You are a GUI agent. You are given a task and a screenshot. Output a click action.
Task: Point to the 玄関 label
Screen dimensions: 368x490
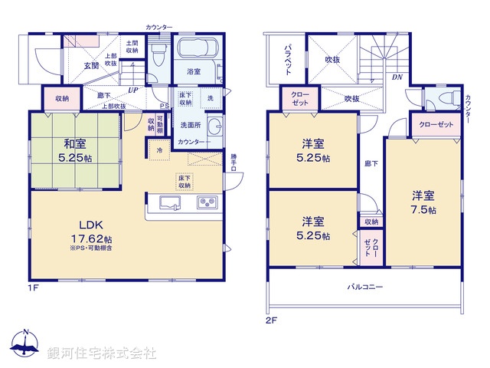(x=91, y=66)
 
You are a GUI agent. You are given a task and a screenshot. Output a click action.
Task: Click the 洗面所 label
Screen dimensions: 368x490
(x=191, y=125)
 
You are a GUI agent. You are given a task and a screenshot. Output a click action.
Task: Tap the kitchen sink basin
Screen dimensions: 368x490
(x=169, y=203)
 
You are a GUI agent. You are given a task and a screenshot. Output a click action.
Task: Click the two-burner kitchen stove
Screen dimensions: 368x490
(x=207, y=203)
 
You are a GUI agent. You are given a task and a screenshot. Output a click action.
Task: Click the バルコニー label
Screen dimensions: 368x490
(x=365, y=286)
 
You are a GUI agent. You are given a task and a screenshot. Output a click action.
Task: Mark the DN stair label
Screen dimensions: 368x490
(x=397, y=77)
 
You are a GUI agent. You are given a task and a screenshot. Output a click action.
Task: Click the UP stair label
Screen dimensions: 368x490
(x=134, y=90)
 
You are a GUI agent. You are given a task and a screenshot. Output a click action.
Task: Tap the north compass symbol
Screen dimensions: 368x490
(x=25, y=344)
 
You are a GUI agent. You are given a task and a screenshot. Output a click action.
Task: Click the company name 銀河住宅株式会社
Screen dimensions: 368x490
(x=101, y=353)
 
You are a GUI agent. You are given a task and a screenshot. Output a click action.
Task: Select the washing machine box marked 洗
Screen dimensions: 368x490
(x=210, y=98)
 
